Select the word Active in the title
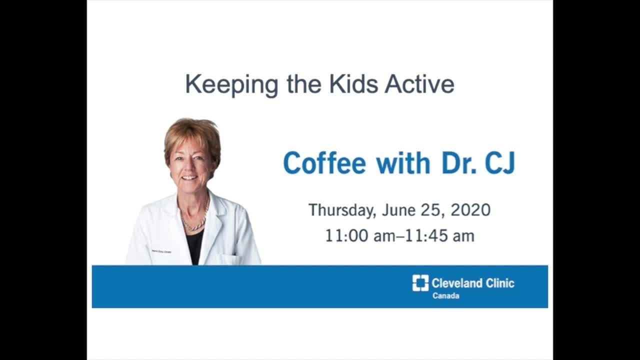tap(419, 84)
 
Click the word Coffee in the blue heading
tap(324, 163)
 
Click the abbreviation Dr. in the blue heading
tap(456, 163)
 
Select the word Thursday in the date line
tap(341, 210)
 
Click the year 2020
tap(470, 210)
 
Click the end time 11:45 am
tap(439, 235)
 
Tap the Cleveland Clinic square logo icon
tap(420, 283)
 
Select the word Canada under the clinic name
tap(446, 296)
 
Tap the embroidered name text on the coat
tap(161, 251)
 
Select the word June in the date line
tap(398, 210)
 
